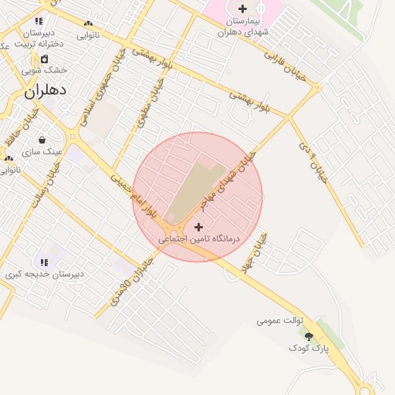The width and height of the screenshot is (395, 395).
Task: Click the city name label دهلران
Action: point(46,90)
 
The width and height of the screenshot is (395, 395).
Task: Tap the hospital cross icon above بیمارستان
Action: point(243,8)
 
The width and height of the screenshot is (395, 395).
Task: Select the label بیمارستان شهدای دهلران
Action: point(242,26)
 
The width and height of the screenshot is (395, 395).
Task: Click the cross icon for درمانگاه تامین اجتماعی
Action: point(199,227)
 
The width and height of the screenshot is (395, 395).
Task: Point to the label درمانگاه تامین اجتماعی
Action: point(199,239)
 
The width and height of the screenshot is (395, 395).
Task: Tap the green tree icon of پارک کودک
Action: point(309,336)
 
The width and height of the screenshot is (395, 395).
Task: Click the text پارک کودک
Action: point(309,349)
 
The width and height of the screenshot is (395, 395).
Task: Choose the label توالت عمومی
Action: point(280,319)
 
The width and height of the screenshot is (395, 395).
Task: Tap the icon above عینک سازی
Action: point(42,140)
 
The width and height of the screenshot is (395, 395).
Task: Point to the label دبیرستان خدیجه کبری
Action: point(45,274)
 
